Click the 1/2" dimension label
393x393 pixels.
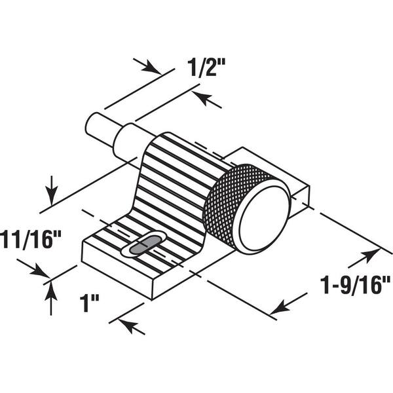coord(206,67)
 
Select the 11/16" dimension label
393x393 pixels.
coord(31,240)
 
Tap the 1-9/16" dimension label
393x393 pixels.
coord(356,285)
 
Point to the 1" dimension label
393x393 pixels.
coord(90,303)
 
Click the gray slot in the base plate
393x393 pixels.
coord(144,245)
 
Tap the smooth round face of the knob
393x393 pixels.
coord(264,219)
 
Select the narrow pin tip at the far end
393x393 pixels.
coord(100,128)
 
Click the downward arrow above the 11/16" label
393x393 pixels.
coord(52,191)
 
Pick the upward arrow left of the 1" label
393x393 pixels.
coord(51,298)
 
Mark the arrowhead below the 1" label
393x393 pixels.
coord(128,325)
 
